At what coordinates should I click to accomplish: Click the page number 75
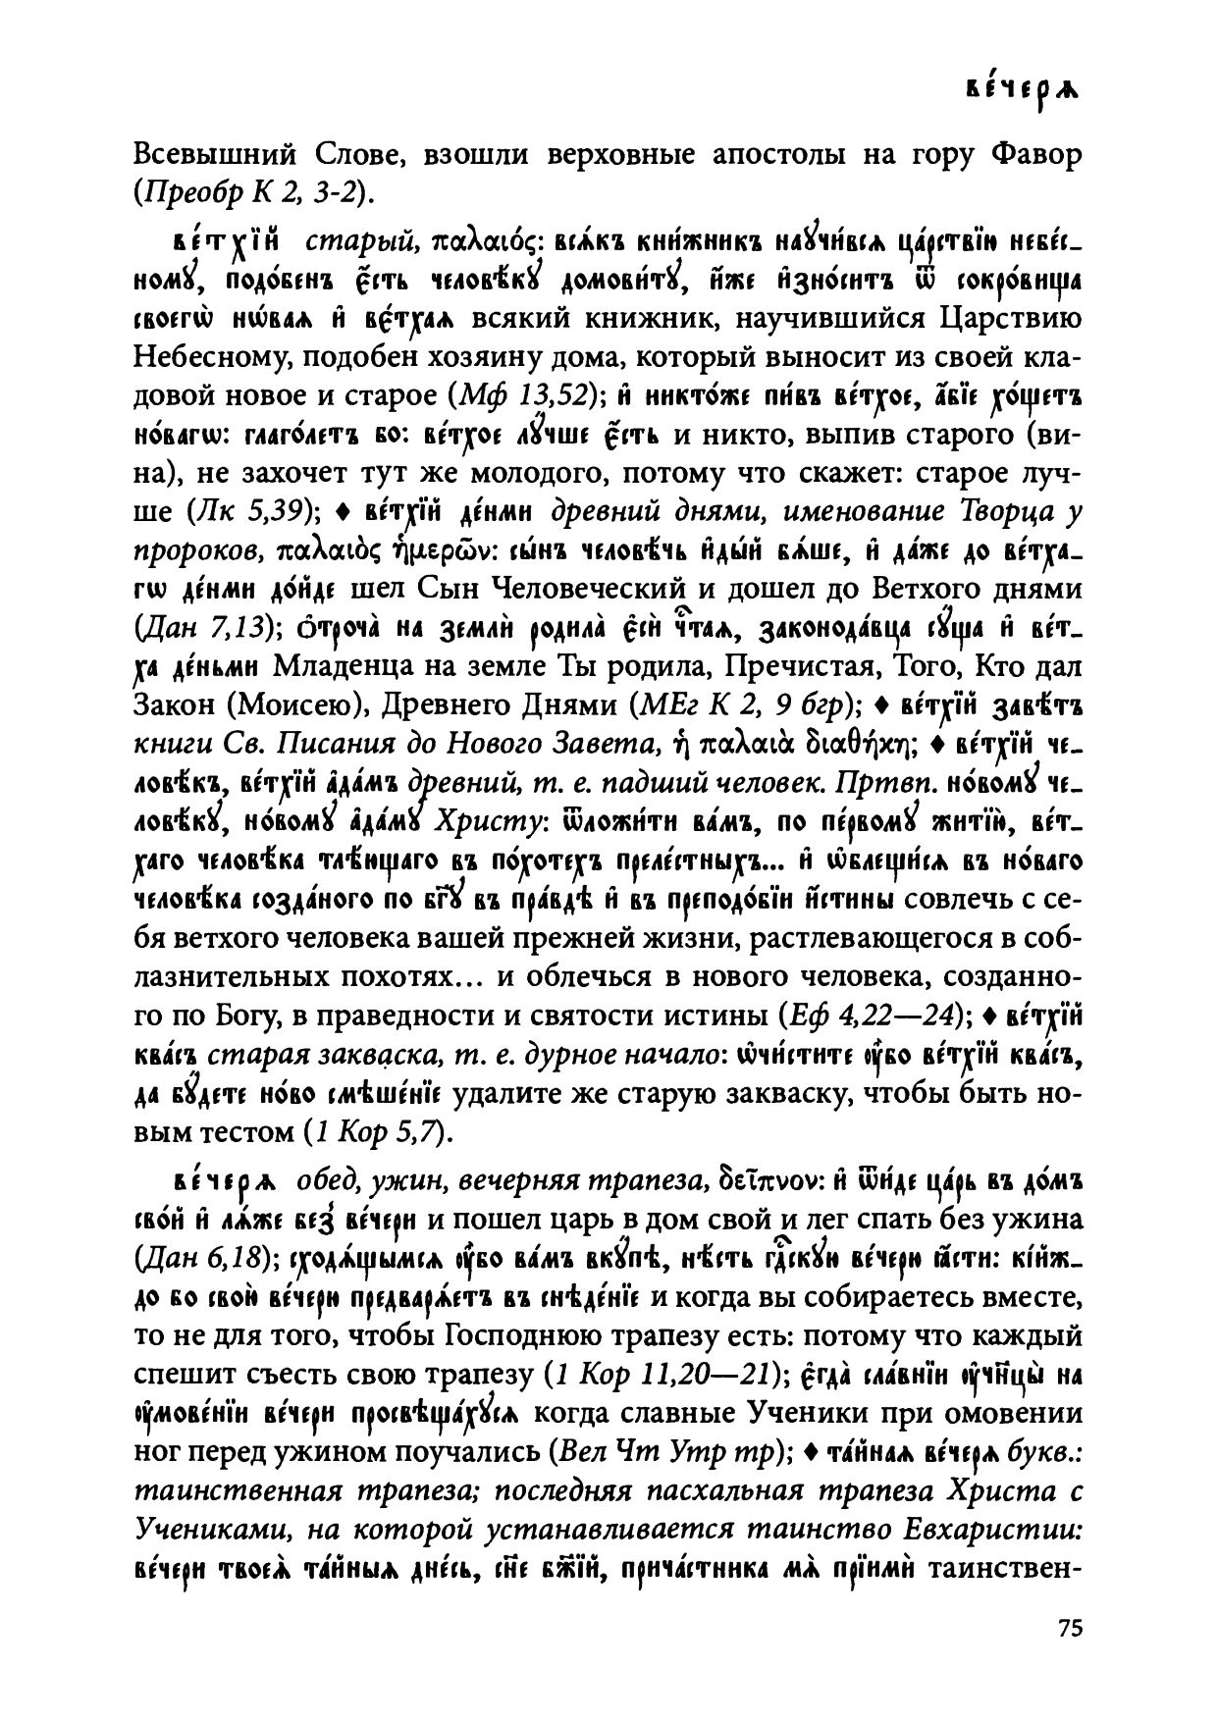(1070, 1627)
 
